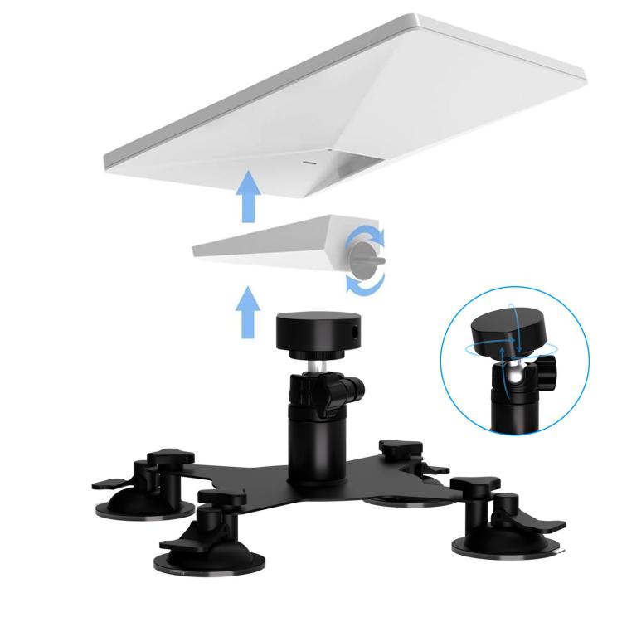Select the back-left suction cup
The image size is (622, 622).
point(133,502)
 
